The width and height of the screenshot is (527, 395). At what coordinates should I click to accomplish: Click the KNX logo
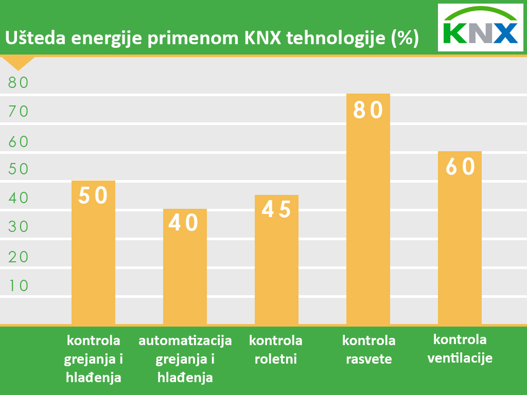[x=480, y=28]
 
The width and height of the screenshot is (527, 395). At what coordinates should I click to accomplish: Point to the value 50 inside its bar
[x=93, y=195]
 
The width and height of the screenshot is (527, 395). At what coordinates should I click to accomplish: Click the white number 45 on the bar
[x=276, y=209]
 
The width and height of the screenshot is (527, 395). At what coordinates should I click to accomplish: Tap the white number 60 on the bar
[x=460, y=166]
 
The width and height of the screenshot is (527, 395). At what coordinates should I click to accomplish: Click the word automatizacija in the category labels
[x=185, y=340]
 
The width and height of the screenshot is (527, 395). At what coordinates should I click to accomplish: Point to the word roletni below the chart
[x=276, y=358]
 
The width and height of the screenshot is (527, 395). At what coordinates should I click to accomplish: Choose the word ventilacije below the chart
[x=460, y=357]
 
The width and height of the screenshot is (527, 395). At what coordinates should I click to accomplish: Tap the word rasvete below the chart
[x=368, y=358]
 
